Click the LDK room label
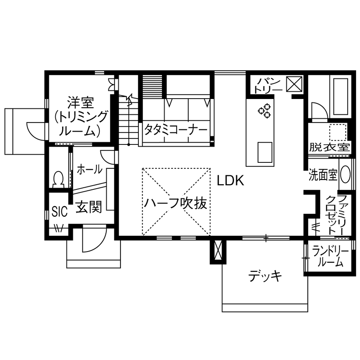pos(230,181)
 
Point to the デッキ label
pos(266,276)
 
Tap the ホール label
pos(90,170)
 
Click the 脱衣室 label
pos(329,148)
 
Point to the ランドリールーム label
pos(328,256)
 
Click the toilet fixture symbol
pos(58,179)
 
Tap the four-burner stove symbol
pos(264,111)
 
